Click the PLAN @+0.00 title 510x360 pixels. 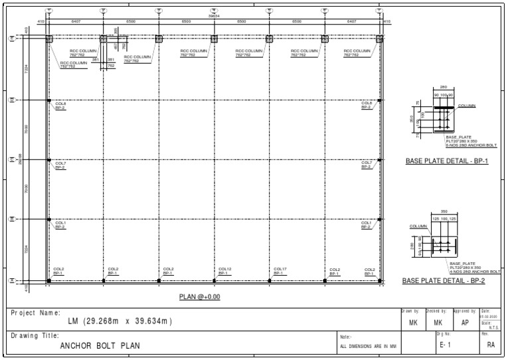(x=199, y=296)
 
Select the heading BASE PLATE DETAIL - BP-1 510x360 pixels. (x=446, y=161)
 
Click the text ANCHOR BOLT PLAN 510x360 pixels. (x=100, y=346)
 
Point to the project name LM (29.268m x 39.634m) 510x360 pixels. (x=120, y=322)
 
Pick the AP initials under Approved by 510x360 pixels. (x=466, y=322)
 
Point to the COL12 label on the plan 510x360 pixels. (x=224, y=269)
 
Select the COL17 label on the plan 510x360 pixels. (x=280, y=269)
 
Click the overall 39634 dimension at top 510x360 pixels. (x=214, y=17)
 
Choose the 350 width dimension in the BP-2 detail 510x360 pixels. (x=444, y=212)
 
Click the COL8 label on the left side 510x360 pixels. (x=60, y=103)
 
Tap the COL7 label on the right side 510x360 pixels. (x=367, y=163)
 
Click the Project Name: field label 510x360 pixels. (x=36, y=312)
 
